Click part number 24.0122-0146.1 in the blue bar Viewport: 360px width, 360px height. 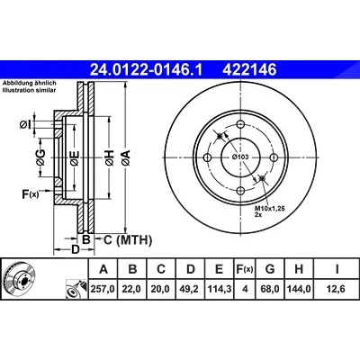coord(147,70)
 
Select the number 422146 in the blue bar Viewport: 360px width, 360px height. coord(249,70)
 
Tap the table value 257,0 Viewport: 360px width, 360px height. coord(103,289)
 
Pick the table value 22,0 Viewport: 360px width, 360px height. coord(132,289)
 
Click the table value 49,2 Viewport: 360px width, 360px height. coord(191,289)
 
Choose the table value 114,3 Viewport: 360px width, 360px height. coord(220,289)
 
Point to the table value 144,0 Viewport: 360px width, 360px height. coord(299,289)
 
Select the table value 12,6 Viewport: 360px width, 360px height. coord(337,289)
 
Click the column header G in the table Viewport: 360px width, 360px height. coord(270,269)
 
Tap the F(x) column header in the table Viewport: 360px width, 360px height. coord(245,269)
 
